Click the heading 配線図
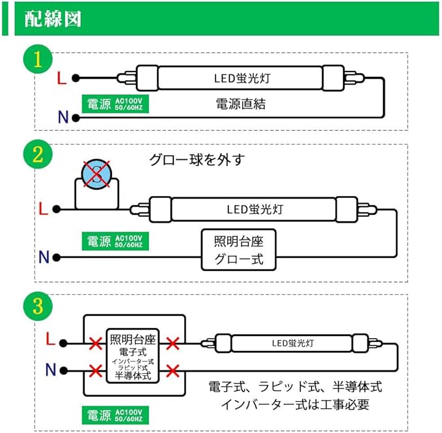[x=53, y=18]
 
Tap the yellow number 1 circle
[x=38, y=59]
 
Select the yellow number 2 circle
[x=38, y=155]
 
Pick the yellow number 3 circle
[x=38, y=306]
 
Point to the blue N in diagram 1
[x=63, y=117]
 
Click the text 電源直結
[x=240, y=104]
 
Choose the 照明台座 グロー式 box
[x=238, y=251]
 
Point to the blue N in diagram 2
[x=44, y=257]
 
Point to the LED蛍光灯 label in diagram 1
[x=242, y=79]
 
